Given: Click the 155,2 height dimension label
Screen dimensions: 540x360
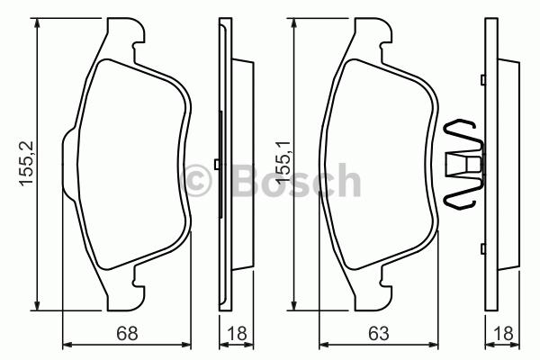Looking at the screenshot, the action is [27, 164].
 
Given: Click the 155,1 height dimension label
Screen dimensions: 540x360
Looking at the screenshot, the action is [283, 162].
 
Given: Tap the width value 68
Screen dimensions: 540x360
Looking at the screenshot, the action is [127, 333].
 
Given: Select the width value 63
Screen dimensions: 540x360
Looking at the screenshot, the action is [379, 333].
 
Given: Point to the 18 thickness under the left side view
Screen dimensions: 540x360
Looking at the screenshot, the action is [237, 333].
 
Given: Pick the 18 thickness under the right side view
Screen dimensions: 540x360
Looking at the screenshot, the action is [503, 333].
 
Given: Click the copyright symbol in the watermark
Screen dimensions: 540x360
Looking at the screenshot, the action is [196, 180].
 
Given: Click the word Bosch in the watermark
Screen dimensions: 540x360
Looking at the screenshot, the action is [297, 180].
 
